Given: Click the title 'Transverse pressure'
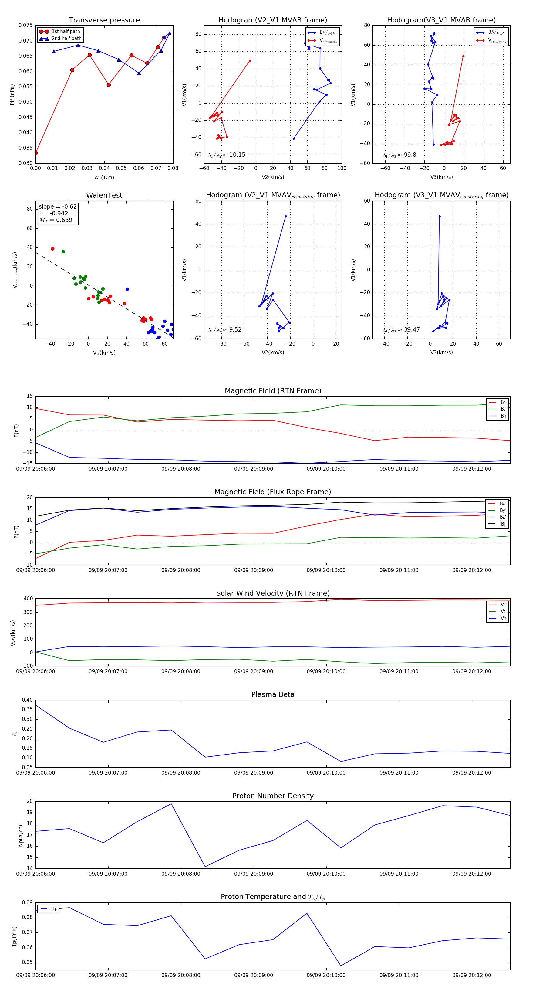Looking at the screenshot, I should pyautogui.click(x=104, y=20).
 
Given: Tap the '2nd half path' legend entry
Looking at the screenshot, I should pyautogui.click(x=66, y=39).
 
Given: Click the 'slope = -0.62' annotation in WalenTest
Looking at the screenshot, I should pyautogui.click(x=58, y=206).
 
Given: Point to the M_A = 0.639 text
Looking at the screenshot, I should pyautogui.click(x=56, y=220).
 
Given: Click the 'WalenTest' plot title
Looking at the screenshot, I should pyautogui.click(x=104, y=195).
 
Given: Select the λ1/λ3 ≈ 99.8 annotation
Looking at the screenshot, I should pyautogui.click(x=399, y=155).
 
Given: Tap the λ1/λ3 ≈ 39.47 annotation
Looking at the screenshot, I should pyautogui.click(x=401, y=330).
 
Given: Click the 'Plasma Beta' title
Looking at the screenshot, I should pyautogui.click(x=273, y=694).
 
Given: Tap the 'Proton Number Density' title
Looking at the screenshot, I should pyautogui.click(x=273, y=796).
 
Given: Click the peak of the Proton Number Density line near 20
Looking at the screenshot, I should pyautogui.click(x=171, y=804).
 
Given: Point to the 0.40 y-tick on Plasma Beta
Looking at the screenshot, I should pyautogui.click(x=27, y=700).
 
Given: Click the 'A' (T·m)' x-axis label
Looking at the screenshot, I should pyautogui.click(x=104, y=177).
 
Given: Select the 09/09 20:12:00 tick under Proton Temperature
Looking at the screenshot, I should pyautogui.click(x=471, y=975).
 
